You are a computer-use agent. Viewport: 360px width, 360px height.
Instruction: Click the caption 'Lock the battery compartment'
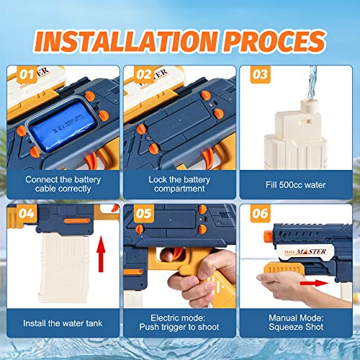point(179,184)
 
